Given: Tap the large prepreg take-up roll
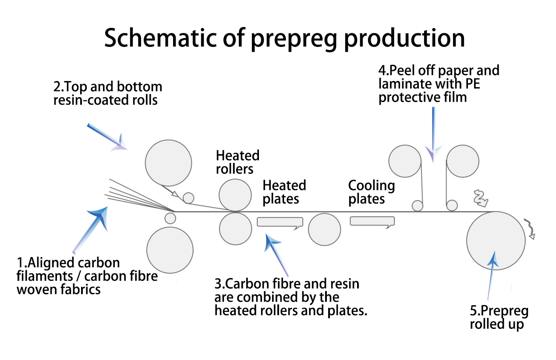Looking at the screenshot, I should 496,240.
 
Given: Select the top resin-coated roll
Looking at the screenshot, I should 168,162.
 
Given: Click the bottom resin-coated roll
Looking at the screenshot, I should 170,251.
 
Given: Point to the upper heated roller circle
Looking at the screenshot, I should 235,195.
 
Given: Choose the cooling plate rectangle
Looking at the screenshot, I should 372,222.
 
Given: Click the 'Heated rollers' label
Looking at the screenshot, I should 237,162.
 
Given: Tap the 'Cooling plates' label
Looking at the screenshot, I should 371,192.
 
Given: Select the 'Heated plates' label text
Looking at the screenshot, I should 284,192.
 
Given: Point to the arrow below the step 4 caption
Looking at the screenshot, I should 433,134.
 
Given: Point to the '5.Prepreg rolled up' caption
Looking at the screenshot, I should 499,318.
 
